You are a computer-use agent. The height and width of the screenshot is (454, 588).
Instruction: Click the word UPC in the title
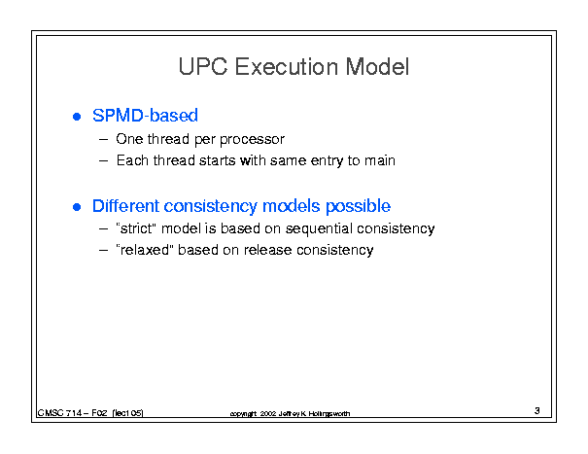[x=203, y=67]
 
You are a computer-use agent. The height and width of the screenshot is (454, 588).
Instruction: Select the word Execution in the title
[x=286, y=67]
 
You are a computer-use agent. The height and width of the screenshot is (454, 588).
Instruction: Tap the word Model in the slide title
[x=377, y=67]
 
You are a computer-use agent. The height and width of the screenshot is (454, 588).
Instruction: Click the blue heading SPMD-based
[x=145, y=115]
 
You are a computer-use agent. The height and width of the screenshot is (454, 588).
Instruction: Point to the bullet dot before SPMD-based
[x=77, y=117]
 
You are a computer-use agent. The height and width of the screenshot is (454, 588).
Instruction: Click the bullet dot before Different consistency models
[x=77, y=207]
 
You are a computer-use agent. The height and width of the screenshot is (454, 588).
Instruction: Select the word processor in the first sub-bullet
[x=252, y=140]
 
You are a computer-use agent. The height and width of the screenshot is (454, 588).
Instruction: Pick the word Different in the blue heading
[x=125, y=206]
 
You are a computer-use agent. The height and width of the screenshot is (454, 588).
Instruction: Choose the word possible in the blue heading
[x=358, y=206]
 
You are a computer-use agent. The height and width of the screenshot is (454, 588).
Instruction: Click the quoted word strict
[x=136, y=228]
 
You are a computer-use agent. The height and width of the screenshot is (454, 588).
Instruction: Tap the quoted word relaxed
[x=145, y=250]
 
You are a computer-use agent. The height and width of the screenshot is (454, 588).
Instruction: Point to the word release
[x=267, y=250]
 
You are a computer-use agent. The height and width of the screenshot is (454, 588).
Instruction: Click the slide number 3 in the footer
[x=537, y=411]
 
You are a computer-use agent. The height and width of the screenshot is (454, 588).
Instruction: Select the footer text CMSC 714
[x=59, y=413]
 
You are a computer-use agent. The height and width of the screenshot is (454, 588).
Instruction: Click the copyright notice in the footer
[x=290, y=413]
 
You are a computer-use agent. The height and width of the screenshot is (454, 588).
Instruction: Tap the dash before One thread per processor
[x=103, y=140]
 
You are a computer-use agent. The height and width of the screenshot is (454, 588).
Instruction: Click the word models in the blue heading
[x=291, y=206]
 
